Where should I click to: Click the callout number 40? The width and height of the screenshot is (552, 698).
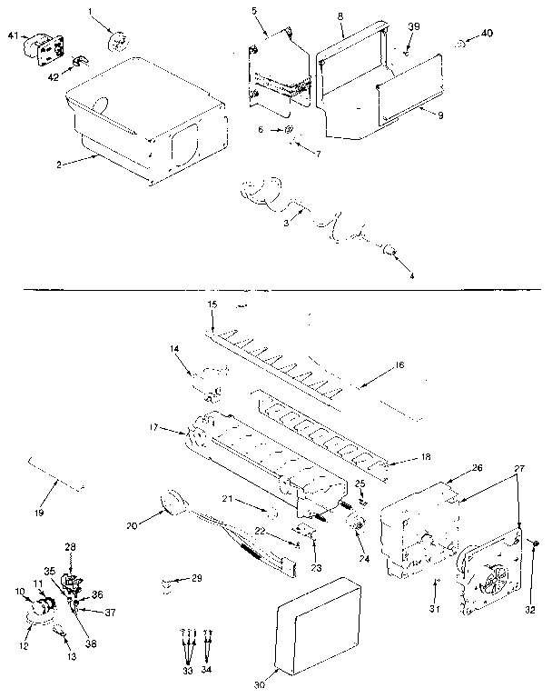pyautogui.click(x=487, y=35)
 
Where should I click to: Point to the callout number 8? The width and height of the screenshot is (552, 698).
pyautogui.click(x=340, y=15)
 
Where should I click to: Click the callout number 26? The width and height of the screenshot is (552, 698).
pyautogui.click(x=477, y=468)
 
